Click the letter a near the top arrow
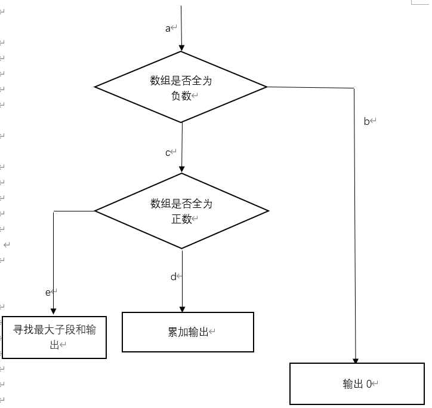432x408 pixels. [168, 29]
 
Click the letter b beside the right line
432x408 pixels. [367, 121]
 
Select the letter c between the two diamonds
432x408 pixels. [168, 153]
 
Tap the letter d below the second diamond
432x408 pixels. [174, 277]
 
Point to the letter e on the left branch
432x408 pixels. [48, 292]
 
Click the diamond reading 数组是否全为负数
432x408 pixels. [181, 87]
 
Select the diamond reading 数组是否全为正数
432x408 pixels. [181, 211]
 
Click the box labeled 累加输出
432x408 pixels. [188, 332]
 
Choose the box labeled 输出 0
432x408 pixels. [359, 384]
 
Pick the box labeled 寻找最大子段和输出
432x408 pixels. [54, 337]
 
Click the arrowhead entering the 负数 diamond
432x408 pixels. [181, 48]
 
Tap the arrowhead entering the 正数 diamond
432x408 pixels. [181, 170]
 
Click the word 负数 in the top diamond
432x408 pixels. [181, 96]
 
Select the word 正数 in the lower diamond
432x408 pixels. [181, 219]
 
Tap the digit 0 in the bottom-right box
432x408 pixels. [369, 384]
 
